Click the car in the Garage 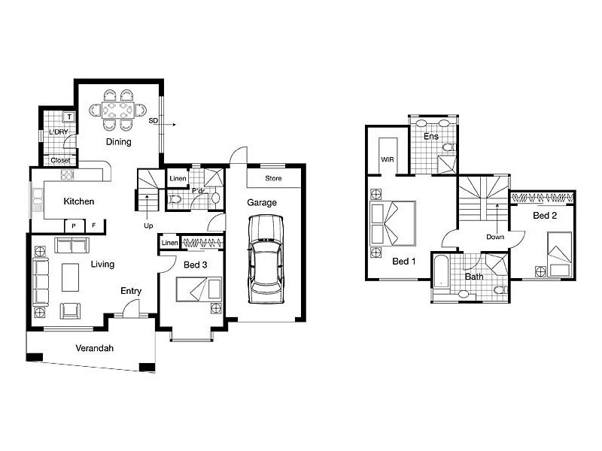[266, 259]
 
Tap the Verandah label [95, 348]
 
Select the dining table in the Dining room [118, 110]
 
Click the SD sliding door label [154, 120]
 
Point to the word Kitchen [79, 201]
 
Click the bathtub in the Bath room [441, 271]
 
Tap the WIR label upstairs [388, 159]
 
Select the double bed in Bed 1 [392, 223]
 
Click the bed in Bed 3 [199, 289]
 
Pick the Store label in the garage [273, 178]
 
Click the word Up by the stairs [148, 226]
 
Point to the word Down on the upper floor [495, 237]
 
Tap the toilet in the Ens [448, 147]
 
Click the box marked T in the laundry [69, 117]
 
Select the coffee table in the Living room [70, 277]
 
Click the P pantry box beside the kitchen [74, 226]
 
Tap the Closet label [60, 160]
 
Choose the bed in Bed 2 [560, 254]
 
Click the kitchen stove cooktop [67, 175]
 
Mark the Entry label [131, 291]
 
